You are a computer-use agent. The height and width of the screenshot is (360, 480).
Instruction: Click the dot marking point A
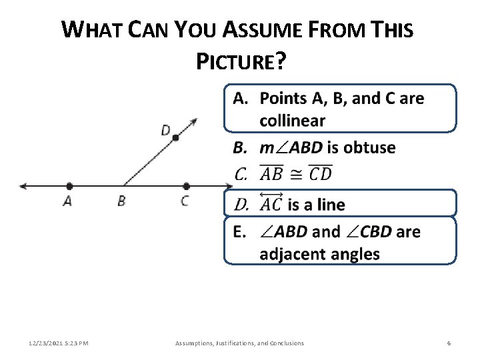coord(69,186)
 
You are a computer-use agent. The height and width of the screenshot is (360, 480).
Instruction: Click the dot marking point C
coord(186,186)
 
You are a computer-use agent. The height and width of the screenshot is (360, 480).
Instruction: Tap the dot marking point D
coord(176,138)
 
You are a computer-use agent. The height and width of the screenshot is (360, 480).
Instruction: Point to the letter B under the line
coord(121,201)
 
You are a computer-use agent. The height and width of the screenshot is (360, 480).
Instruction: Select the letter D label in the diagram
coord(165,130)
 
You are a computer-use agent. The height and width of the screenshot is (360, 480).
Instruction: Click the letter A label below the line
coord(67,201)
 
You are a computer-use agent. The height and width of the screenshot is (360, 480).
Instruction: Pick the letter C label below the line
coord(185,201)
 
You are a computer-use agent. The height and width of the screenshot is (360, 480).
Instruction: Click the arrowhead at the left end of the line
coord(24,186)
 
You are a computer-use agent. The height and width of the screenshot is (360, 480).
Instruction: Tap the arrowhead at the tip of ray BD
coord(194,121)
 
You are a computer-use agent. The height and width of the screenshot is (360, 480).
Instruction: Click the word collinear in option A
coord(292,121)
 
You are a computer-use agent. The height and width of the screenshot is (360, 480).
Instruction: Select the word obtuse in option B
coord(369,147)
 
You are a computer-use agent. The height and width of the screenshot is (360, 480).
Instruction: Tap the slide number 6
coord(449,343)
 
